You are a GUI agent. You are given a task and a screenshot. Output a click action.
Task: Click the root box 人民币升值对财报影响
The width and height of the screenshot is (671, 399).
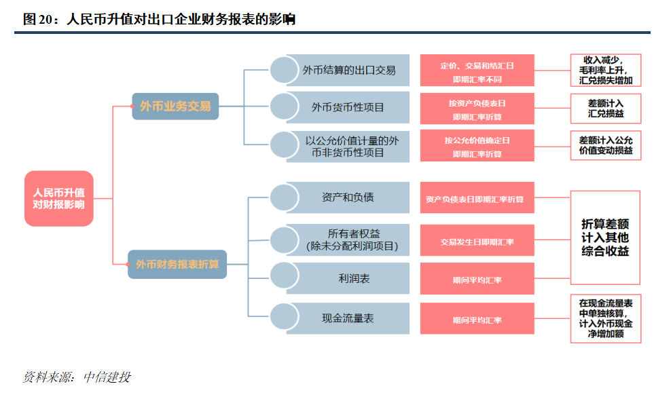pos(58,198)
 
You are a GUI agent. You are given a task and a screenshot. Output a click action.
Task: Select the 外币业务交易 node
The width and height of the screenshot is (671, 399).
pos(175,107)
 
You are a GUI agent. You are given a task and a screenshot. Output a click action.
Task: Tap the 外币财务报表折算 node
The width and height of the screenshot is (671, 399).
pos(177,264)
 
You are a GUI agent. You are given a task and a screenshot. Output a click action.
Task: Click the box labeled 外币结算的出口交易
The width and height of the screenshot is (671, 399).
pos(348,71)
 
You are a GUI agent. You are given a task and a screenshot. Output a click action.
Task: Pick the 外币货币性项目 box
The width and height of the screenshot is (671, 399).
pos(348,107)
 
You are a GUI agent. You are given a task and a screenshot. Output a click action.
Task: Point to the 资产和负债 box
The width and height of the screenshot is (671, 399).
pos(348,197)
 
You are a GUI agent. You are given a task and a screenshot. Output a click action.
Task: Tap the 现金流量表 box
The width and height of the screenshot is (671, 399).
pos(348,318)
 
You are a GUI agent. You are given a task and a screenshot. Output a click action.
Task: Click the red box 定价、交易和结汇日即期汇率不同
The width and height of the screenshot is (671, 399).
pos(477,71)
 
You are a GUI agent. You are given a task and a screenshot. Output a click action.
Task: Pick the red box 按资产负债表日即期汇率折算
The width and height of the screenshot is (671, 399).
pos(477,109)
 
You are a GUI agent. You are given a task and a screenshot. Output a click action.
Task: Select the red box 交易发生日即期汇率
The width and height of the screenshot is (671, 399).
pos(477,242)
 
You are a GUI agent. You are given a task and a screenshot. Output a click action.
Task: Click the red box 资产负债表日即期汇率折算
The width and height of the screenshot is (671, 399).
pos(477,199)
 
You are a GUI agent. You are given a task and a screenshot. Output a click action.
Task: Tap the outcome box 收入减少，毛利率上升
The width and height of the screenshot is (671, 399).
pos(605,71)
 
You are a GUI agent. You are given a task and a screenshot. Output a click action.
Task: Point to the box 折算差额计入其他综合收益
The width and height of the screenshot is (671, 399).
pos(605,237)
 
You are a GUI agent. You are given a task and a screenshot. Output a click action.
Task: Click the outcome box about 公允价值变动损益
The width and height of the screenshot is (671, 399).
pos(605,145)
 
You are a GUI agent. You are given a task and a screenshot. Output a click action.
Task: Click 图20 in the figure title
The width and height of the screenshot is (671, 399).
pos(38,20)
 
